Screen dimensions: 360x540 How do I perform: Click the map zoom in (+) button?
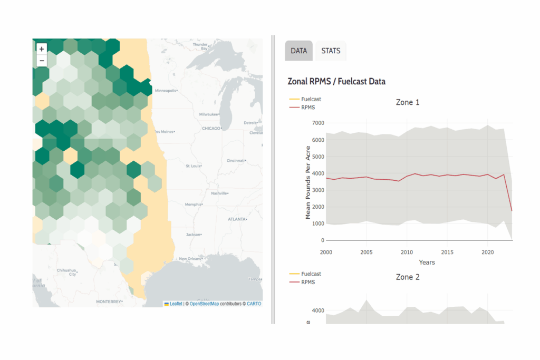pos(42,49)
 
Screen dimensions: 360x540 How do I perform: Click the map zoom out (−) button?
pos(42,61)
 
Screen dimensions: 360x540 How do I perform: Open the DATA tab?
pos(299,51)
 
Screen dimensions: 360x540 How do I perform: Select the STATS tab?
pos(331,51)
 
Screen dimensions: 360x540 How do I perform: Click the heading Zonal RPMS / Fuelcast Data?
pos(336,82)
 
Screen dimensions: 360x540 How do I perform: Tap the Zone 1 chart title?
pos(408,102)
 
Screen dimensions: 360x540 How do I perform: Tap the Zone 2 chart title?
pos(408,277)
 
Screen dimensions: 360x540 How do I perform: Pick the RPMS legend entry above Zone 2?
pos(307,282)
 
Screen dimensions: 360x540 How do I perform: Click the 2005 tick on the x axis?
pos(366,252)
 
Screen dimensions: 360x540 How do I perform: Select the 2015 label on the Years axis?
pos(447,252)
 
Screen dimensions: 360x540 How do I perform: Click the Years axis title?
pos(427,262)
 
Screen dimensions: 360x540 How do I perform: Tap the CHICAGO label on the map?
pos(211,128)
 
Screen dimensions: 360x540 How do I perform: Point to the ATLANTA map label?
pos(237,219)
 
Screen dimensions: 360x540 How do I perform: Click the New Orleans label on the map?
pos(191,259)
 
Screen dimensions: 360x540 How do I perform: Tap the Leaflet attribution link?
pos(176,304)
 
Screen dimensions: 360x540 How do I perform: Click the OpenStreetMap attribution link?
pos(204,304)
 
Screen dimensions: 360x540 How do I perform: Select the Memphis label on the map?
pos(194,204)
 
